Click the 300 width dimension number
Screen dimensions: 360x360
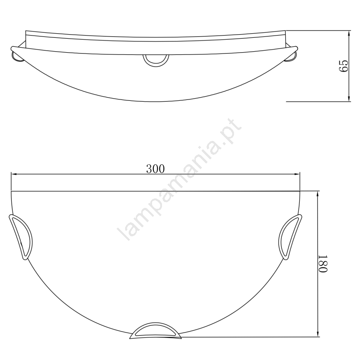point(155,169)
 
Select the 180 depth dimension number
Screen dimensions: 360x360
point(323,264)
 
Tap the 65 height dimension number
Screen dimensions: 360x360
point(344,66)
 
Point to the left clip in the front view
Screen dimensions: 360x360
point(21,237)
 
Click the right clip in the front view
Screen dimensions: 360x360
point(290,237)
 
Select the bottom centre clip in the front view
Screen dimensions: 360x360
point(155,331)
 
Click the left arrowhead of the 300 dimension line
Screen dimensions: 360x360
point(14,175)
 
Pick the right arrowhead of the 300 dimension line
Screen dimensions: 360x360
point(297,175)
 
